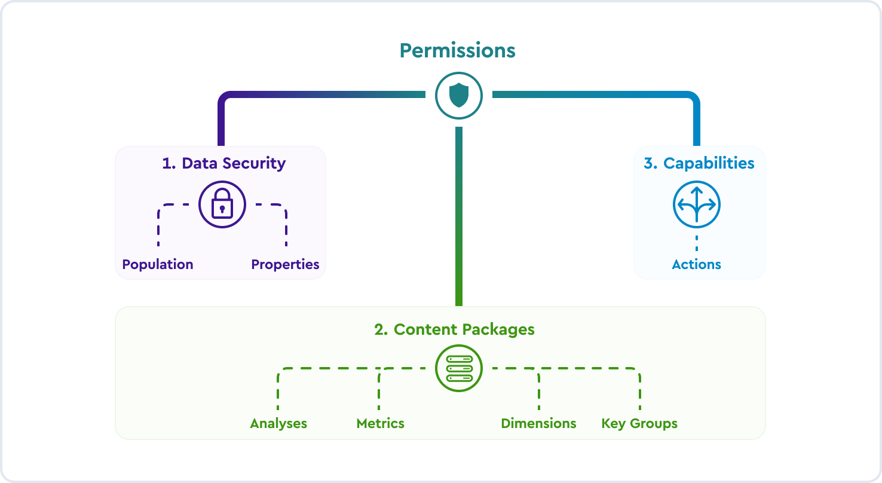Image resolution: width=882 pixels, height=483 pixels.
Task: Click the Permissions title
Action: (457, 50)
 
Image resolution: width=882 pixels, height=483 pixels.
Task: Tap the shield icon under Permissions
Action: (458, 95)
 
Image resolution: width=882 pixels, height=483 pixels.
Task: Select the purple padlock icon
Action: (222, 204)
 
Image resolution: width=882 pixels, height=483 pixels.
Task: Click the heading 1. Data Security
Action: (223, 163)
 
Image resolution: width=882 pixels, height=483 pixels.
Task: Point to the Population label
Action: (158, 264)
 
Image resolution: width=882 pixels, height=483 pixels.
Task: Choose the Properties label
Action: (285, 264)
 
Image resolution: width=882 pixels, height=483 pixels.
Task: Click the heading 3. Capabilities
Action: (699, 163)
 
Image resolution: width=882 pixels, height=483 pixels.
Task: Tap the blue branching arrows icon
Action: (696, 204)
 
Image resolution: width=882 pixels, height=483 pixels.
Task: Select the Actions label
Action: (696, 264)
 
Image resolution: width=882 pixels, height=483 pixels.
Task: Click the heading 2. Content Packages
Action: (454, 329)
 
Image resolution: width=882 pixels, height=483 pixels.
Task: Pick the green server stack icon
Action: (458, 368)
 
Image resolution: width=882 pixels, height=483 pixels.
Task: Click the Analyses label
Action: (278, 423)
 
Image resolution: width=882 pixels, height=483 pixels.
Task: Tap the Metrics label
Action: (380, 423)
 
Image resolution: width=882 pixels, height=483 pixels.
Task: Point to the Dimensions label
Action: (538, 423)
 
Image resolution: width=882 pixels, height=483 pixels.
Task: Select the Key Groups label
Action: (639, 423)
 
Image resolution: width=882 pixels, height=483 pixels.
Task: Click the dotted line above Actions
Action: (696, 243)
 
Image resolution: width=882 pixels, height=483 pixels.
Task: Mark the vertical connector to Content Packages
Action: (458, 215)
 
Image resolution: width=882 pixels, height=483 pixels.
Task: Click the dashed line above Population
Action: (158, 227)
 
